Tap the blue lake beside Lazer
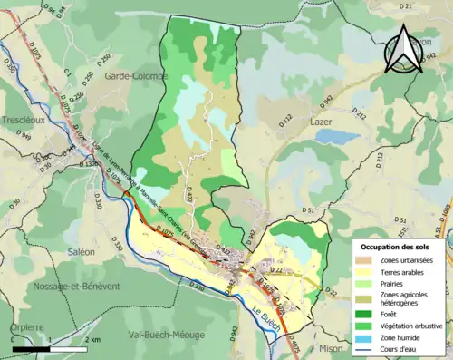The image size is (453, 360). point(337,137)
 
